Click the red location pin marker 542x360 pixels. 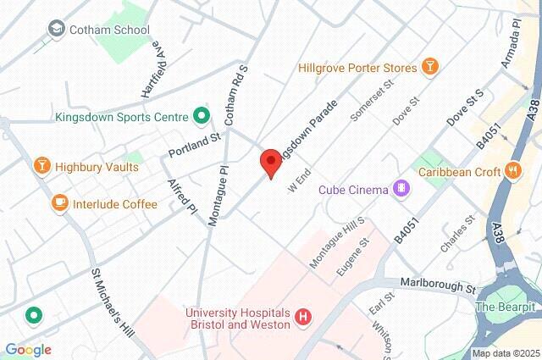tap(270, 162)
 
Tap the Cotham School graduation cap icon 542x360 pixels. tap(57, 30)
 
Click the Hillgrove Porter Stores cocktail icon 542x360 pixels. tap(430, 67)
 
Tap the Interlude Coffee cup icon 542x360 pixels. tap(59, 203)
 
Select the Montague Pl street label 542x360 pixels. tap(218, 195)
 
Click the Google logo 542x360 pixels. tap(28, 350)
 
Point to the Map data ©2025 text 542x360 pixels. tap(506, 353)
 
